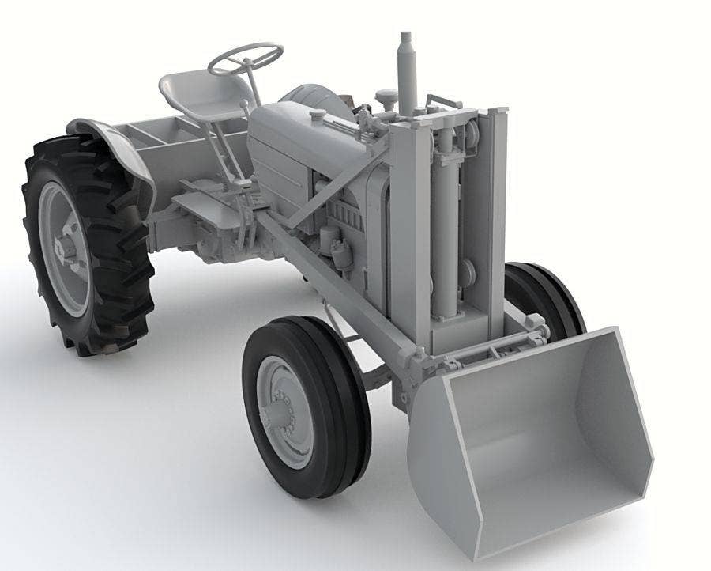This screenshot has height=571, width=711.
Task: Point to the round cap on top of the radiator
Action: click(x=386, y=98)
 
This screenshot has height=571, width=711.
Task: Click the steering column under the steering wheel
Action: click(x=251, y=91)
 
